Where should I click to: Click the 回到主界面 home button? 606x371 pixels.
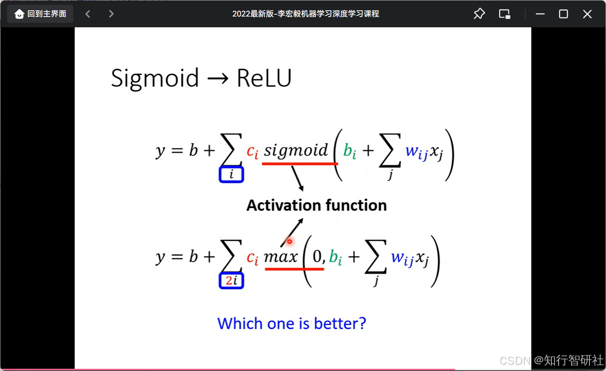[40, 14]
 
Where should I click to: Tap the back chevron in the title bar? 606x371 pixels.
[88, 14]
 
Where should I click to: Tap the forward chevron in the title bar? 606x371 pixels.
[111, 14]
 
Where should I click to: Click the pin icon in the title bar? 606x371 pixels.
[479, 14]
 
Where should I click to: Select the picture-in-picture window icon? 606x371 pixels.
[504, 14]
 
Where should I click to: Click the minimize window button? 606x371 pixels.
[540, 14]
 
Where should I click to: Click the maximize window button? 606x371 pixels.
[564, 14]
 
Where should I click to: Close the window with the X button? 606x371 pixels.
[587, 14]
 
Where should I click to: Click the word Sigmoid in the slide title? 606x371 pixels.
[155, 78]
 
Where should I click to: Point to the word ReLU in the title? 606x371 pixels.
[264, 78]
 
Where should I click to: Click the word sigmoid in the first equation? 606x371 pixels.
[296, 150]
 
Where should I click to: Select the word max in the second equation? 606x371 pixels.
[281, 257]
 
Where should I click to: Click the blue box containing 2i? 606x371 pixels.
[231, 281]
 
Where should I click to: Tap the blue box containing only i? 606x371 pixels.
[231, 174]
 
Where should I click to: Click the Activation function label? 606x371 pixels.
[317, 205]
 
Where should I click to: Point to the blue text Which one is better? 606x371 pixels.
[292, 323]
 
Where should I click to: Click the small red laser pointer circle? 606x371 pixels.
[289, 241]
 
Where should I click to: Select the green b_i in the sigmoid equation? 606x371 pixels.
[350, 151]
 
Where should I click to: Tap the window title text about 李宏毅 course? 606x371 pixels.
[305, 14]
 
